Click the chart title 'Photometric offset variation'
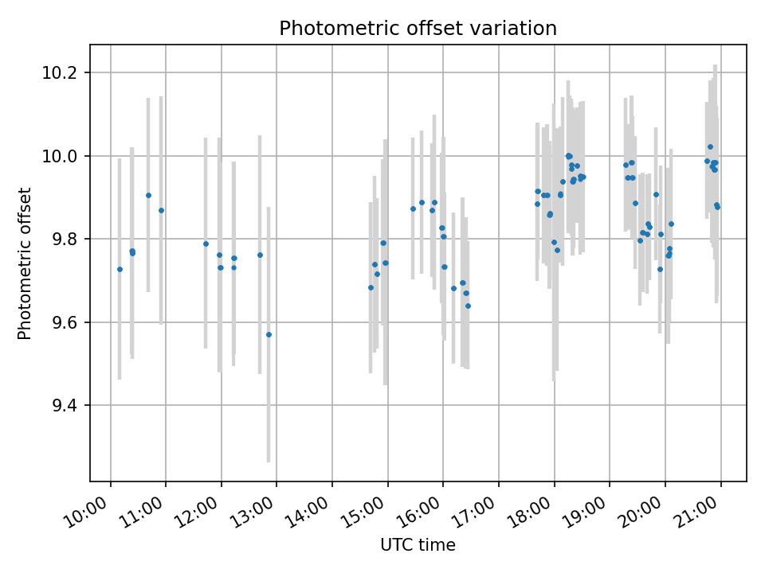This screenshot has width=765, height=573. point(418,29)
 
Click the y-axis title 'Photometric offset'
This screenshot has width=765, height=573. point(25,263)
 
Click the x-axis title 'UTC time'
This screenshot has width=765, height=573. point(418,545)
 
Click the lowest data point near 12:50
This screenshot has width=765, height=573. point(269,334)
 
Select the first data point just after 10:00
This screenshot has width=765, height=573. point(120,269)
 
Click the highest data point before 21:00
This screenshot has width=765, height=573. point(710,146)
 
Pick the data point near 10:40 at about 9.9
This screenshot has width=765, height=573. point(148,195)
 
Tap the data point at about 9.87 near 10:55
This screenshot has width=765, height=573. point(161,210)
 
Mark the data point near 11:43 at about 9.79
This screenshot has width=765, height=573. point(206,244)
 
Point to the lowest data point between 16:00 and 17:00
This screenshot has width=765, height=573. point(468,306)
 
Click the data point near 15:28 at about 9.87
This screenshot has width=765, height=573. point(413,209)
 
